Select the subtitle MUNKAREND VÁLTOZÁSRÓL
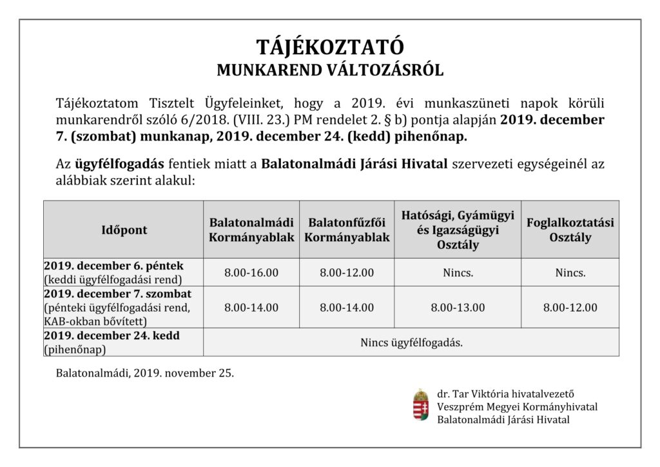329,70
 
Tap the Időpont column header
124,230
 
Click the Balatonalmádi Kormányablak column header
251,230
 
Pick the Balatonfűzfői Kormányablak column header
347,230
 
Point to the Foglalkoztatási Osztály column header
570,230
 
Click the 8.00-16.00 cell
251,272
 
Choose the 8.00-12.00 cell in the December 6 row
347,272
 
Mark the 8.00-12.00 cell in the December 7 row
570,307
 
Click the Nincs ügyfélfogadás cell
411,343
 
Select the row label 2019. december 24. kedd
112,336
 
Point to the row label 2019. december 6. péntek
113,266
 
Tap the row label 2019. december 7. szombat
118,294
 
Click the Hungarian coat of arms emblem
421,405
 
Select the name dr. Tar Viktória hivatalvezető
505,393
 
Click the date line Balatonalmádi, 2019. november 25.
145,373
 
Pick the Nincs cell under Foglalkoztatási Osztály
570,272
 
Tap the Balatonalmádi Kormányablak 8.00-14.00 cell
251,307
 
